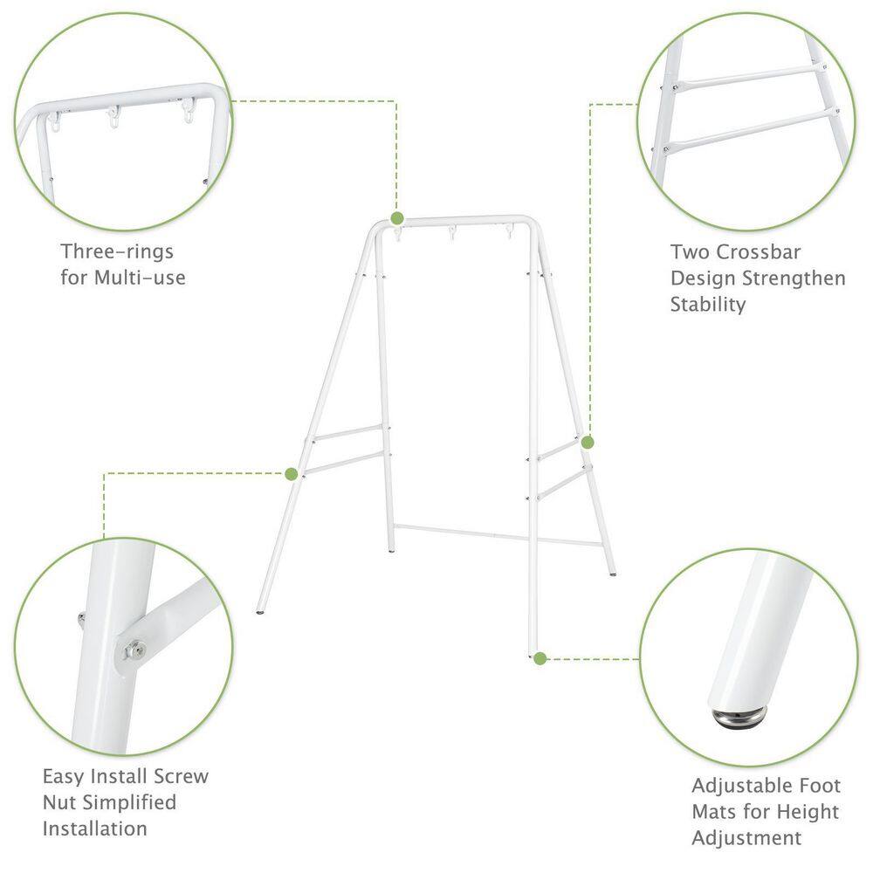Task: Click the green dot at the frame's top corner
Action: click(397, 217)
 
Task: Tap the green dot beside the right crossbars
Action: click(588, 443)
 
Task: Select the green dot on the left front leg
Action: click(292, 474)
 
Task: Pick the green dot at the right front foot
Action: click(540, 658)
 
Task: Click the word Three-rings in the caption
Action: click(117, 251)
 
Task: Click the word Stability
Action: click(708, 305)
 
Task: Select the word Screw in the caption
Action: click(181, 776)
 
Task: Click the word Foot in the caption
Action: click(820, 786)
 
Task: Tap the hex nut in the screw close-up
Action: click(134, 650)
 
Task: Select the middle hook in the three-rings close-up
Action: click(113, 116)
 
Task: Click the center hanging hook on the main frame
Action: click(452, 232)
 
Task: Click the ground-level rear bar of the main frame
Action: click(498, 535)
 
